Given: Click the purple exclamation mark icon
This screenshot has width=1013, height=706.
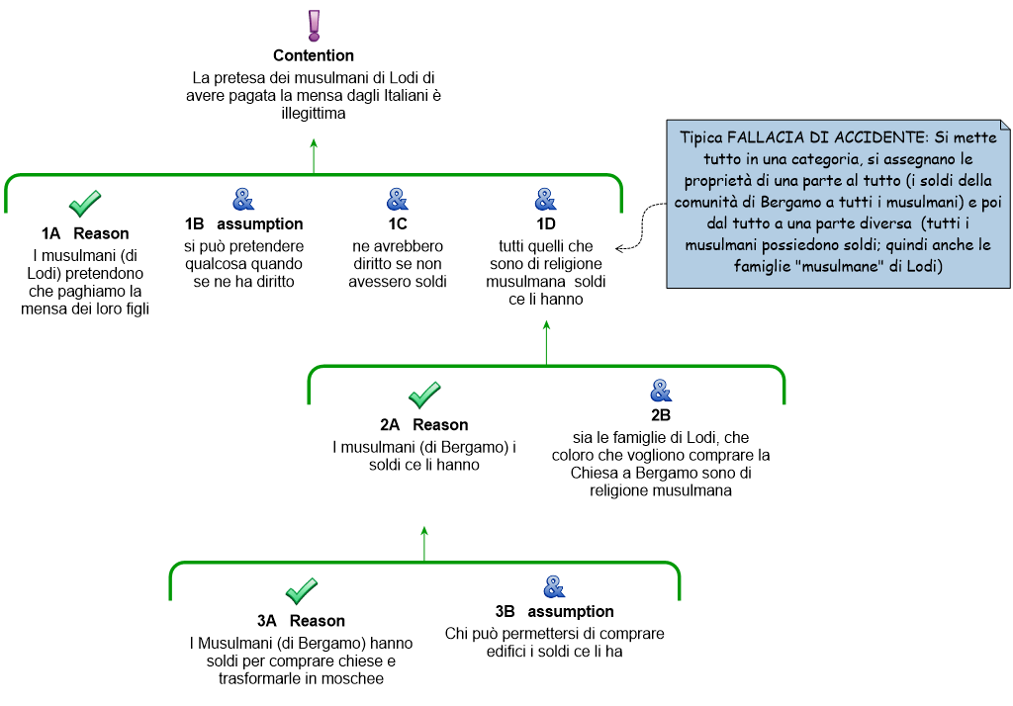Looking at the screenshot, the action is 314,26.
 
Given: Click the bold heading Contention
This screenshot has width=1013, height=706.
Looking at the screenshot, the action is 314,55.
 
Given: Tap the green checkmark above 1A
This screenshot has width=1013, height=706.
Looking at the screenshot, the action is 85,204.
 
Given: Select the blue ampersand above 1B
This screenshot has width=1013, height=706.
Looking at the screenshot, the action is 243,200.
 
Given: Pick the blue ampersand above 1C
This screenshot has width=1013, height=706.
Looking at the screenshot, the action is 398,200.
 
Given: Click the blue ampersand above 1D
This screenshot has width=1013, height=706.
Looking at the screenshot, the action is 546,200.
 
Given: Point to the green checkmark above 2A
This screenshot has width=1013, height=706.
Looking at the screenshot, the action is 424,396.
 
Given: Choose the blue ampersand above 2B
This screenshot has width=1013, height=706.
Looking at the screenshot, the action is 661,391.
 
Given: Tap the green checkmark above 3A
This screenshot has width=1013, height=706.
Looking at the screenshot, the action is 302,591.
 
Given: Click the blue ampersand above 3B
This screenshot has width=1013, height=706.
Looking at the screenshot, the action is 554,587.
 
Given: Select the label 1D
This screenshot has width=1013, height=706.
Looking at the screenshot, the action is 546,224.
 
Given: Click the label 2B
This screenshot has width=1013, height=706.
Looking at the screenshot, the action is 661,415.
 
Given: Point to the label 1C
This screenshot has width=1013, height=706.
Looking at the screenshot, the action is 398,224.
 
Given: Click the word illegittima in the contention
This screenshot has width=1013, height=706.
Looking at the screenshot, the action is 314,114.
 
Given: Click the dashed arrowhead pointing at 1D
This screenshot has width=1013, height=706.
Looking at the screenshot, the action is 619,248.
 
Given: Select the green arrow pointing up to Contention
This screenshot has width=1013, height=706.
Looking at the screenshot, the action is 314,155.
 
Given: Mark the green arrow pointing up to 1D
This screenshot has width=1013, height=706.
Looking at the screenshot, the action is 546,343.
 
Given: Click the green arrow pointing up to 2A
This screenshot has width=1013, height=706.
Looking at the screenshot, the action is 424,544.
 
